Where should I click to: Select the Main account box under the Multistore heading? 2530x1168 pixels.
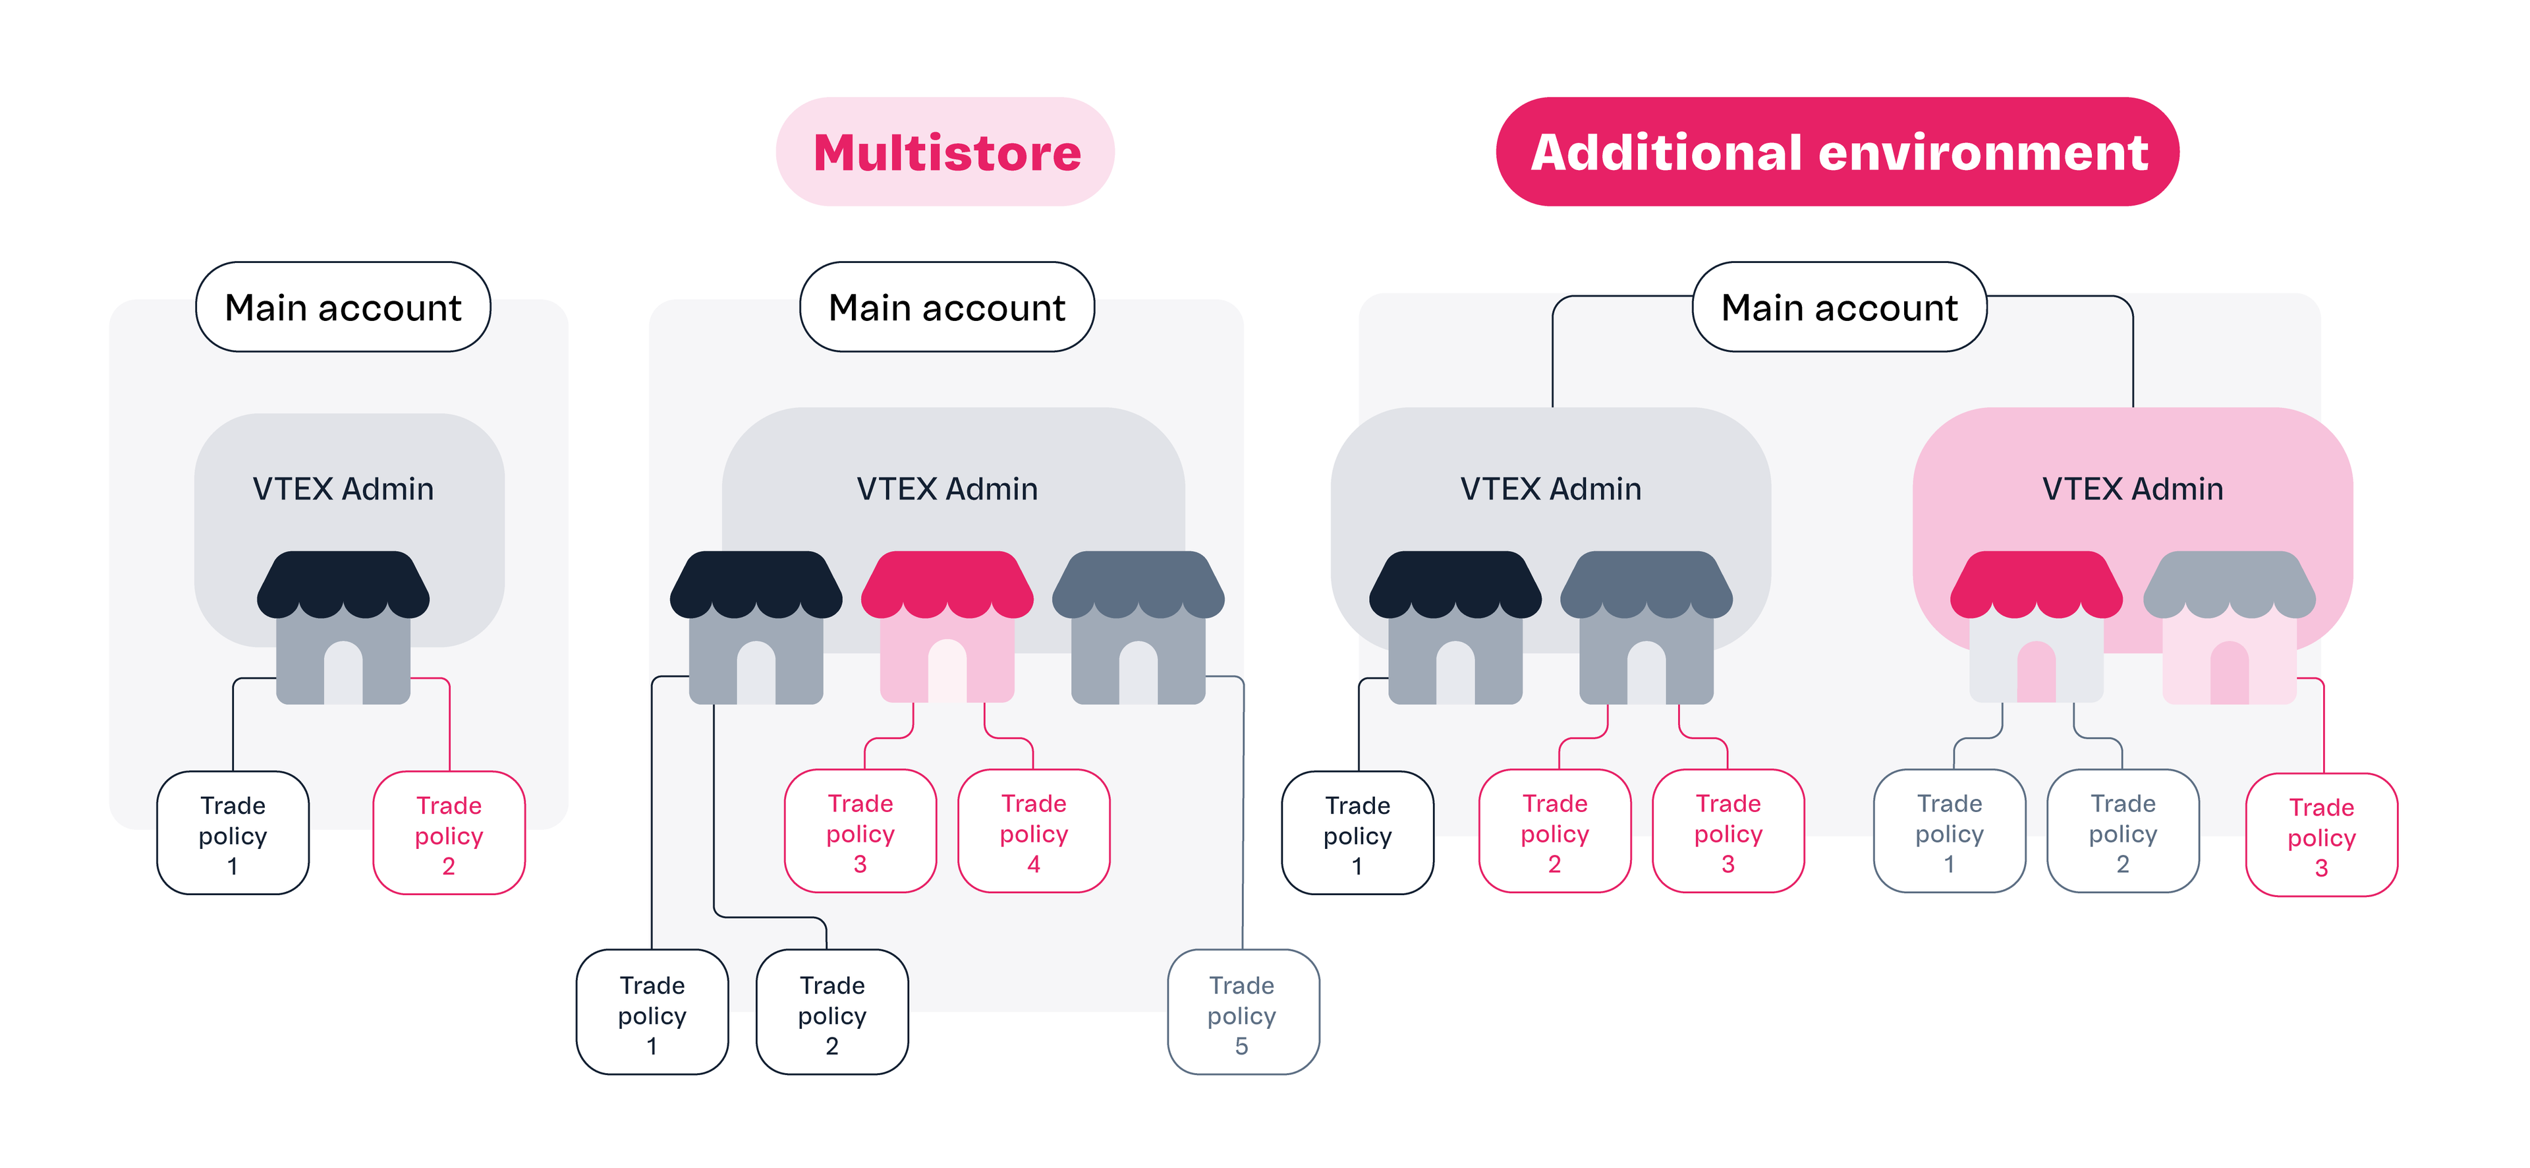click(947, 307)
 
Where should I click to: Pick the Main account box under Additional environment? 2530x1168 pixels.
click(1839, 307)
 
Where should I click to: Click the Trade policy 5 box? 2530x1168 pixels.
click(1243, 1013)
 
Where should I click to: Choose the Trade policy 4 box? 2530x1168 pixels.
click(1033, 832)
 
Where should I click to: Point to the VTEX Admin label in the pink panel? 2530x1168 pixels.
click(2132, 488)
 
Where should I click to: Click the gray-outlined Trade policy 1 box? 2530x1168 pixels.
click(1950, 832)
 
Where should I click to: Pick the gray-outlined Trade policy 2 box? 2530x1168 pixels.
click(2122, 832)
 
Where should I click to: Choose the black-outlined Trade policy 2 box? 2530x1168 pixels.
click(832, 1013)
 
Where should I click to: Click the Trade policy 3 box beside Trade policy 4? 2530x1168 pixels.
click(860, 832)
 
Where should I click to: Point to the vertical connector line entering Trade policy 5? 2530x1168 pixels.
click(1243, 835)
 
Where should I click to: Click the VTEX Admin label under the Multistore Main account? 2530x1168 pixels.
click(947, 488)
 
